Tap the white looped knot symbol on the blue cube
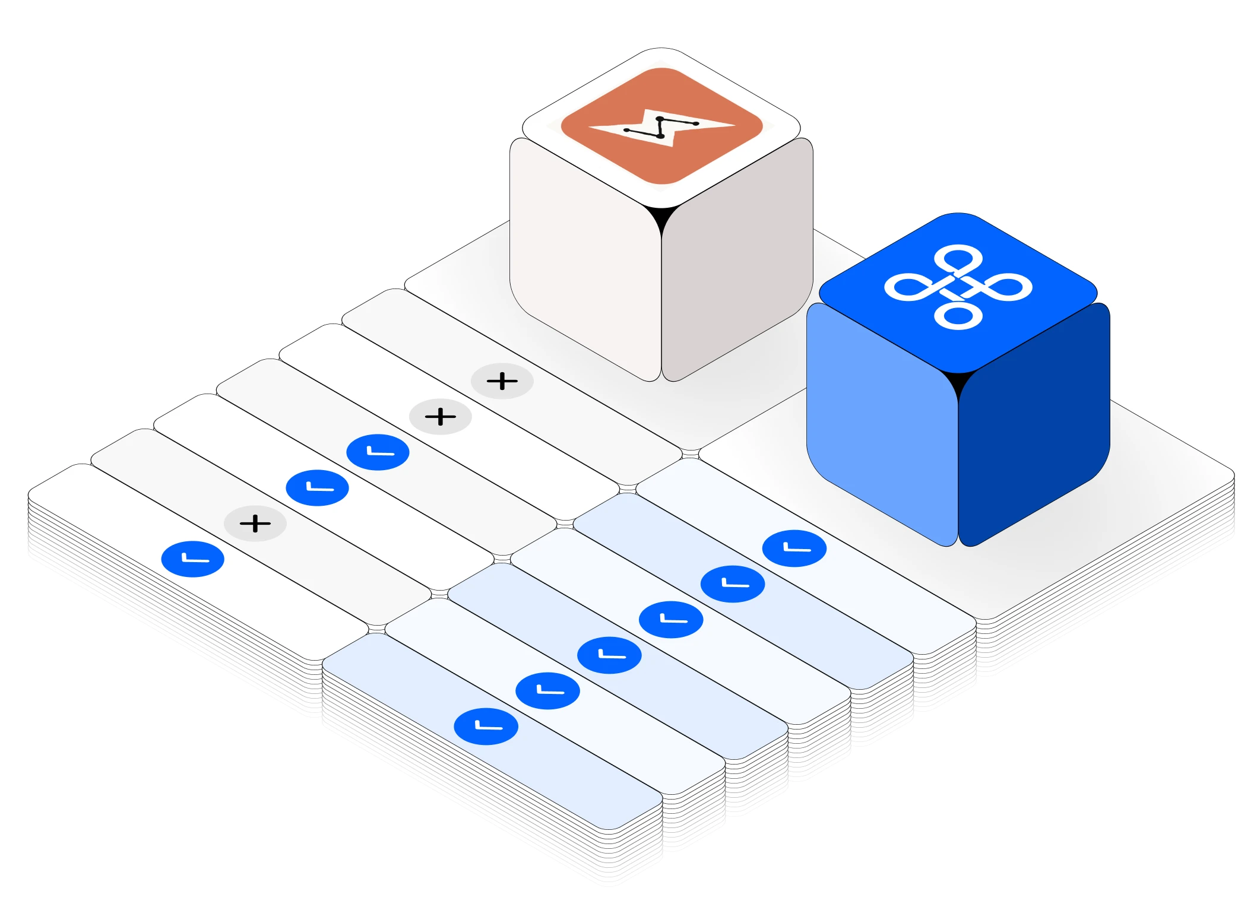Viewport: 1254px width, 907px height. pyautogui.click(x=958, y=287)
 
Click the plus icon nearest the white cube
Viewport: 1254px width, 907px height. pyautogui.click(x=502, y=381)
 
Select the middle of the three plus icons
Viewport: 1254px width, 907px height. pyautogui.click(x=441, y=417)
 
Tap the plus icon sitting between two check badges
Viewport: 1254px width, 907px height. pyautogui.click(x=255, y=524)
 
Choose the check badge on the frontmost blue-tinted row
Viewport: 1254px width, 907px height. pyautogui.click(x=486, y=727)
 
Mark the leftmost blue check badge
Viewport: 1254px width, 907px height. pyautogui.click(x=193, y=559)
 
